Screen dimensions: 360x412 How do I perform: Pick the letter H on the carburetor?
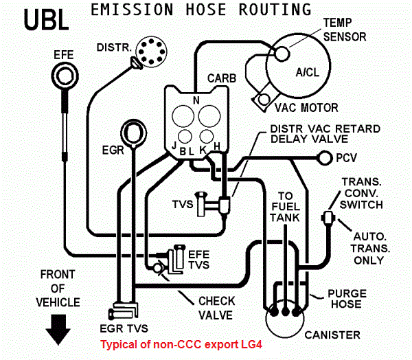point(217,146)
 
